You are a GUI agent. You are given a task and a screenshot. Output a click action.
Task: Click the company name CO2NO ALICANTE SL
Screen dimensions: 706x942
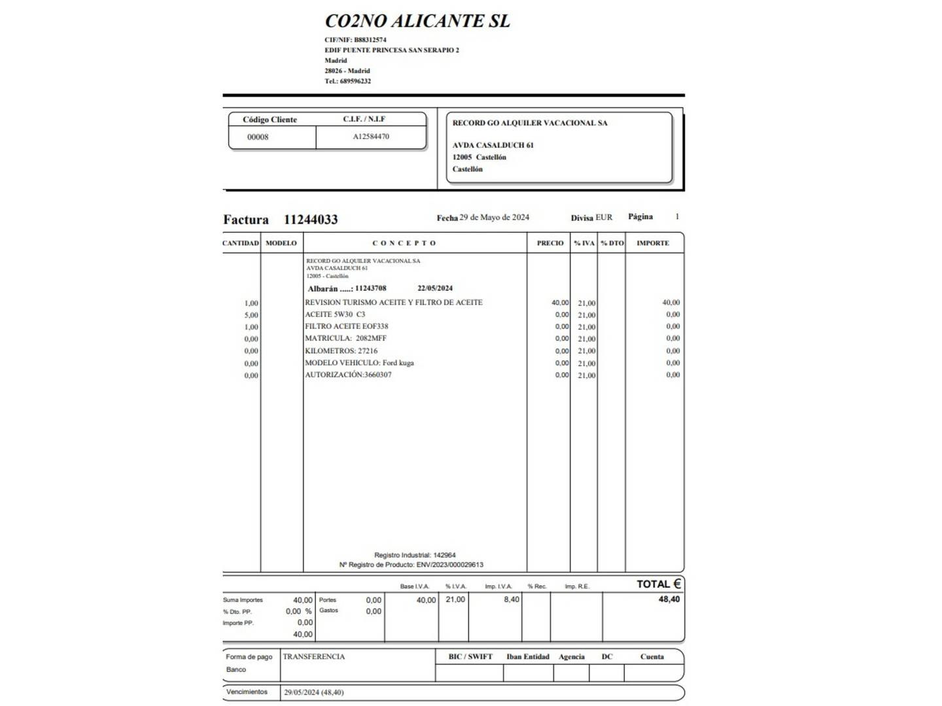pos(417,21)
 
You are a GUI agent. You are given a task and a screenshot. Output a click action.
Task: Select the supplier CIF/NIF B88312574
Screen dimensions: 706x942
pos(374,40)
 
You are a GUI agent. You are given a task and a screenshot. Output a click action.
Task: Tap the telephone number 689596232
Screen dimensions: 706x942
pos(355,81)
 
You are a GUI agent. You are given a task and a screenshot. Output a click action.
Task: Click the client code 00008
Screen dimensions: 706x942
pos(258,137)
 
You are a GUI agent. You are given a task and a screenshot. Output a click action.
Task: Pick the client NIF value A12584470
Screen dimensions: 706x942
pos(371,137)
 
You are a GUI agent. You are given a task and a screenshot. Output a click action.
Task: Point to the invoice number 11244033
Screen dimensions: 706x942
pos(311,220)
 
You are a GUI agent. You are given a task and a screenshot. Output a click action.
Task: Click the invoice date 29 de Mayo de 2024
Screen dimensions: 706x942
pos(494,217)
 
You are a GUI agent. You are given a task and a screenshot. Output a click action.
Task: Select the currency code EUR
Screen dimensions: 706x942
pos(604,217)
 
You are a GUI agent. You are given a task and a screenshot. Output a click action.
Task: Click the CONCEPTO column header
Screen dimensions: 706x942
pos(404,243)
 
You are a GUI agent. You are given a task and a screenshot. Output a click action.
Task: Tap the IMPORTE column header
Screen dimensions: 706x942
pos(652,243)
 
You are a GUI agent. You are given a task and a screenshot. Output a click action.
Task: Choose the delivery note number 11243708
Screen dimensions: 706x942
pos(370,288)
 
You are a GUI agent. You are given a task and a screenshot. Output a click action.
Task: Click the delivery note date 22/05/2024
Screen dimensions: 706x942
pos(435,288)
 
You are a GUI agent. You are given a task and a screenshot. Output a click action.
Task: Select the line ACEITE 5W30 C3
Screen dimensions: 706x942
pos(335,314)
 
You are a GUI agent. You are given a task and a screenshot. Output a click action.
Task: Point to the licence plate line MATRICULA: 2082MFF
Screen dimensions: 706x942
pos(345,339)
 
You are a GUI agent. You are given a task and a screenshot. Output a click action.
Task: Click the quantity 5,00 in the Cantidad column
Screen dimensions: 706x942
pos(251,315)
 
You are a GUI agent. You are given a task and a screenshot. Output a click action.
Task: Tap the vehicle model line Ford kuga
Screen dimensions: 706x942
pos(359,363)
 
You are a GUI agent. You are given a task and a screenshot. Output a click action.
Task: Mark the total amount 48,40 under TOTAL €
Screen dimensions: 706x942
pos(669,599)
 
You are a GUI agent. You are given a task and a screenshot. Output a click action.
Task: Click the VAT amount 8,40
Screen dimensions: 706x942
pos(511,599)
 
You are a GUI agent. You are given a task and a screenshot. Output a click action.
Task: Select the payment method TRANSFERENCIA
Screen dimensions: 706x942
pos(313,657)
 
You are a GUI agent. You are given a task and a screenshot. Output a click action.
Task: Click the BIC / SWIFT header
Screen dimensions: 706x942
pos(470,657)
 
